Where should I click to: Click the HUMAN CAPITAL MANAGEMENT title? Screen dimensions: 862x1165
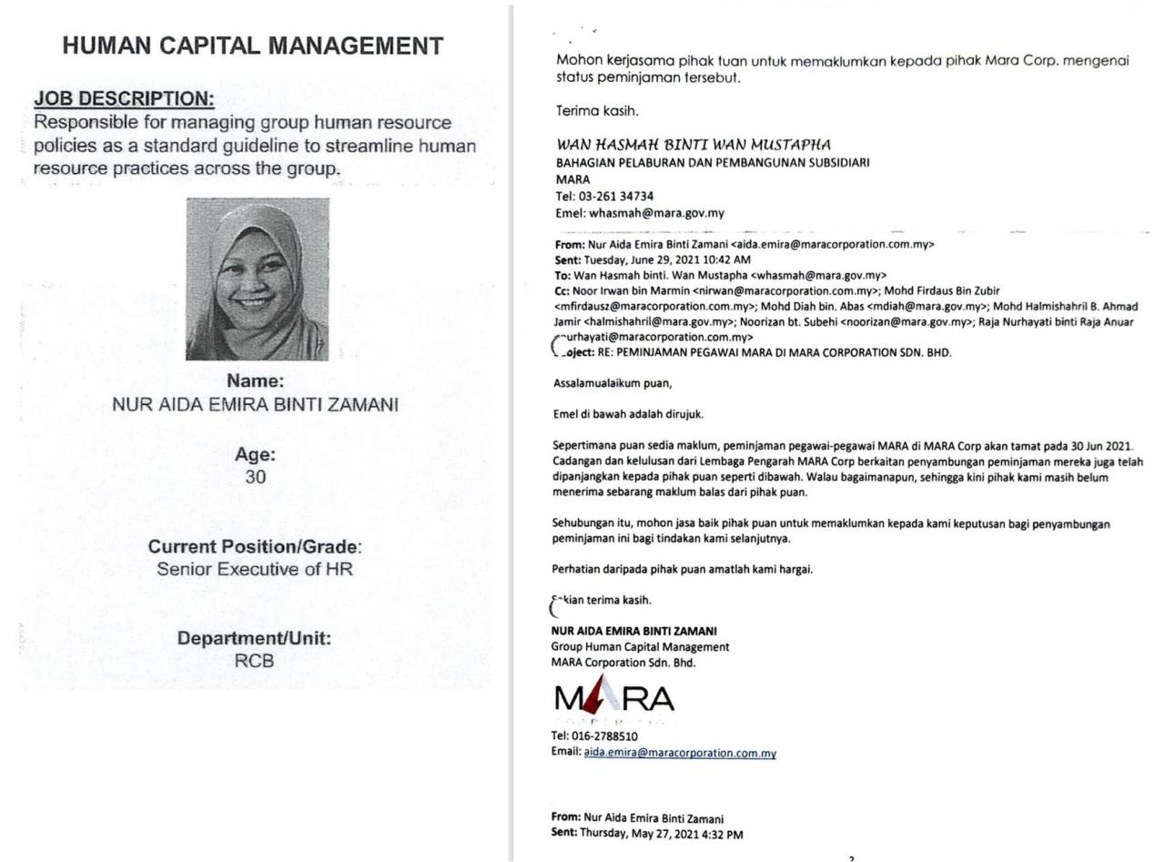[x=253, y=46]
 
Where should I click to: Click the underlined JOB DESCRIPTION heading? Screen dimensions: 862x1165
[x=124, y=98]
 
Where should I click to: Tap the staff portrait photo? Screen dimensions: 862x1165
[x=258, y=279]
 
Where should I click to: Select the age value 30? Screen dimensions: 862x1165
[x=255, y=477]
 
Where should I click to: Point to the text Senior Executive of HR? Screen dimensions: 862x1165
[x=255, y=570]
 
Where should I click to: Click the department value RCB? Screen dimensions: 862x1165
[x=254, y=662]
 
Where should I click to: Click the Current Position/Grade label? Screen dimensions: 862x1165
[x=255, y=547]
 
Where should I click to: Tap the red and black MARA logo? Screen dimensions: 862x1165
[x=614, y=699]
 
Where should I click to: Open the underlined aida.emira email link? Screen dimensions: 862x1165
[x=680, y=753]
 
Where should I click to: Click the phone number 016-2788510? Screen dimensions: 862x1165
[x=604, y=735]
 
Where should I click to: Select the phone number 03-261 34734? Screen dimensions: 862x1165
[x=616, y=197]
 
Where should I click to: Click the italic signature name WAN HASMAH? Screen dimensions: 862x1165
[x=694, y=145]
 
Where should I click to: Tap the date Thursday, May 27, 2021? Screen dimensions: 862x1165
[x=662, y=834]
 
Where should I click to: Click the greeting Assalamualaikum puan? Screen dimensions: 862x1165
[x=613, y=383]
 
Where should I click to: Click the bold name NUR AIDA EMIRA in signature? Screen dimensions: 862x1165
[x=633, y=631]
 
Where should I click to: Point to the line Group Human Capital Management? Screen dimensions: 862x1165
[x=640, y=647]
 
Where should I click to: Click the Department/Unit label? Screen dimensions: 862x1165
[x=254, y=639]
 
